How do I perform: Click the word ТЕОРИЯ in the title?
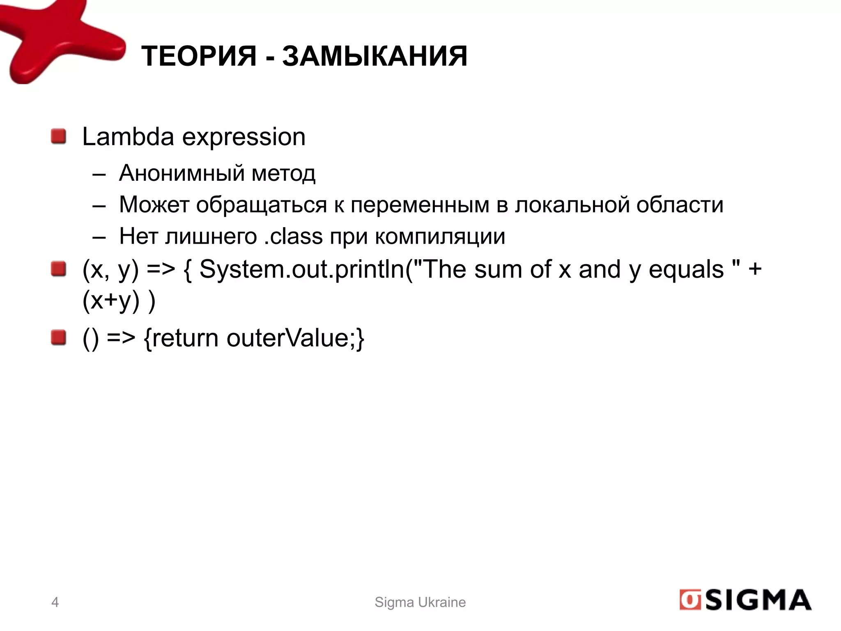point(199,56)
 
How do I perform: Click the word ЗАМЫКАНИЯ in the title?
point(375,56)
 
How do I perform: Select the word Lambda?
point(128,137)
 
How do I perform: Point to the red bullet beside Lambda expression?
point(59,136)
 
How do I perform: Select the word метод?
point(283,173)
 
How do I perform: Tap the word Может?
point(154,205)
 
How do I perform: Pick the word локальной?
point(572,205)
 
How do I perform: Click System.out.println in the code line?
point(302,270)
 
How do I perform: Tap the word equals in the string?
point(686,270)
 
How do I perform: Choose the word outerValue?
point(292,338)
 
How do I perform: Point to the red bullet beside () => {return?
point(59,338)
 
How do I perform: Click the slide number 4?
point(55,602)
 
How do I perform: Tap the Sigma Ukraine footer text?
point(420,602)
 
